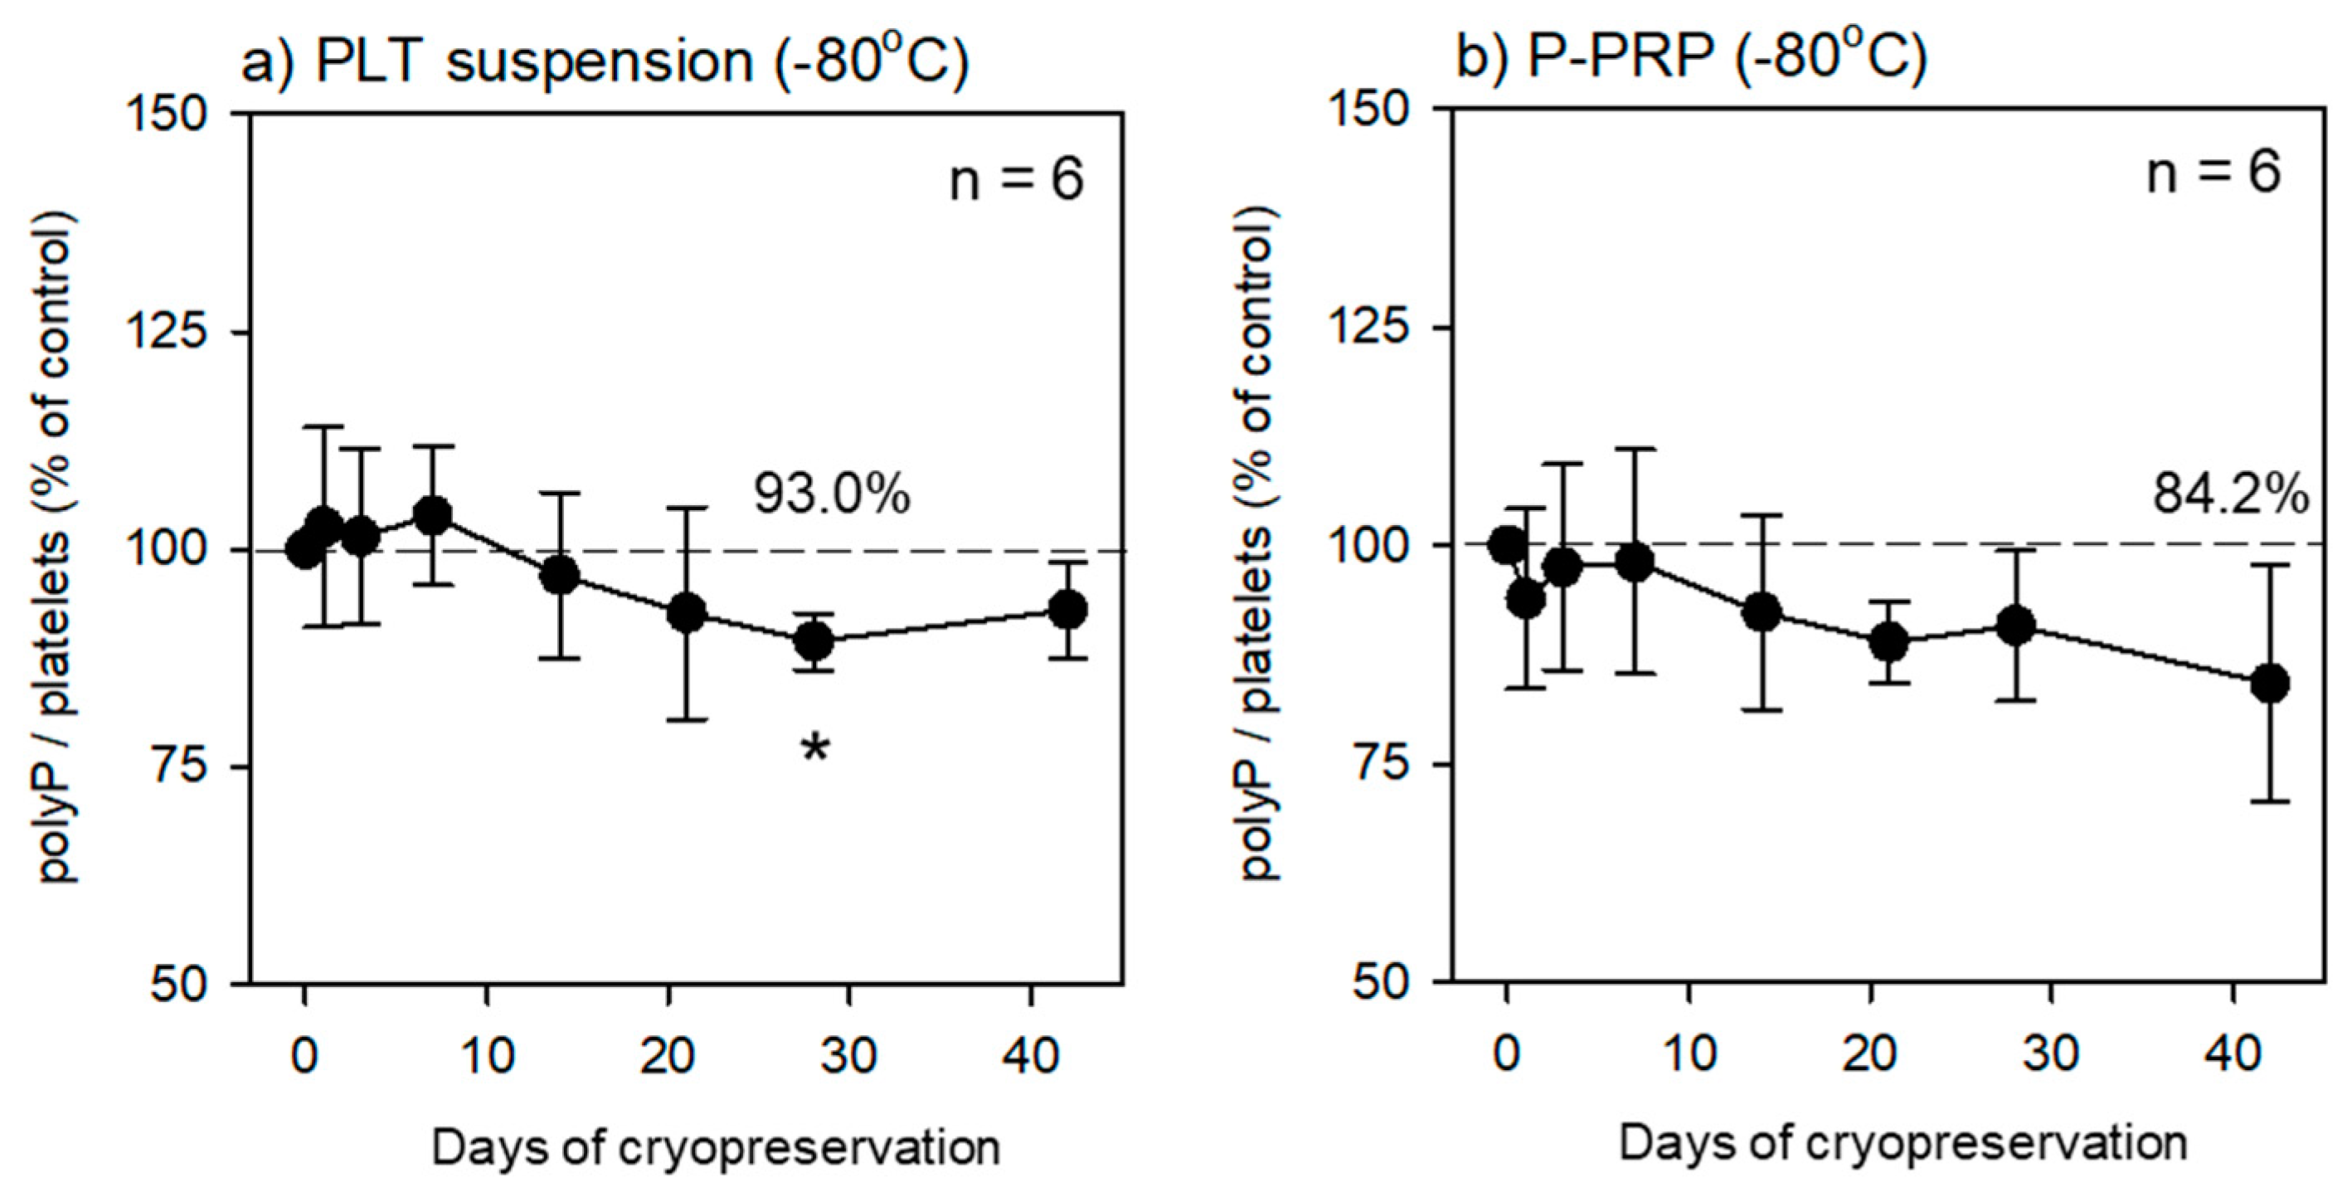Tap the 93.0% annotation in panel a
point(832,495)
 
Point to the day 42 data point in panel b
point(2270,683)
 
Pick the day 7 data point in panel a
point(433,516)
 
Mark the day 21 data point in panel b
point(1888,642)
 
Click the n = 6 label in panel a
point(1016,179)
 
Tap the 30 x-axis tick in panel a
point(849,1055)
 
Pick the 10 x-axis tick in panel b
point(1689,1053)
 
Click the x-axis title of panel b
point(1902,1144)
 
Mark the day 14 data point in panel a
point(560,575)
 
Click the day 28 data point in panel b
point(2015,625)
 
